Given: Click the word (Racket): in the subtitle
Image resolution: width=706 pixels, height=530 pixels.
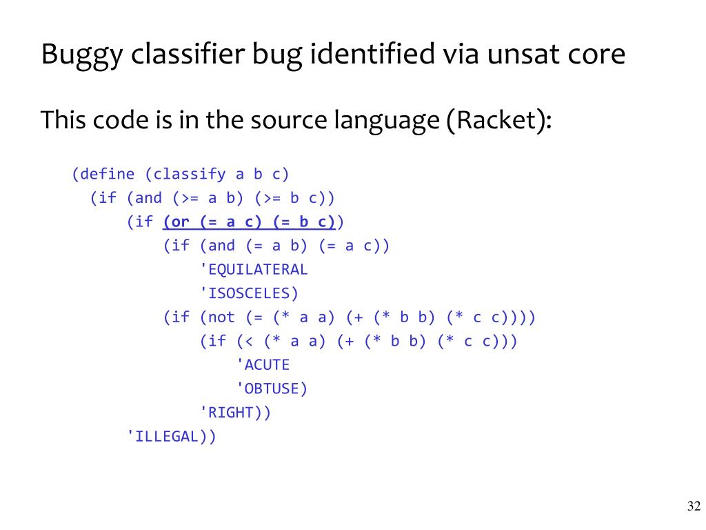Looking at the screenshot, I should pos(500,121).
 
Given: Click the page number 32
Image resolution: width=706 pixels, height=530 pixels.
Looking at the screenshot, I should pos(694,506).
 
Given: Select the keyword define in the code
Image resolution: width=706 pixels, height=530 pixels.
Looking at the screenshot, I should pos(108,174).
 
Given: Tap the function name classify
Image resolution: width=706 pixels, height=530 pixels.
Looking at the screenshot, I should pos(190,174).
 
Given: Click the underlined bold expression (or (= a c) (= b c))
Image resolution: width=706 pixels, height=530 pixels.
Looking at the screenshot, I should pos(249,222).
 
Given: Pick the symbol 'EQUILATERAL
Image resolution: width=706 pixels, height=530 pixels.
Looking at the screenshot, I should pos(253,269).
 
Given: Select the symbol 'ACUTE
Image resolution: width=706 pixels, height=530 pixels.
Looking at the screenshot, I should pos(263,364).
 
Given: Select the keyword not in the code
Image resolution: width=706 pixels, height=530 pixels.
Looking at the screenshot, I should pos(221,317).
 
